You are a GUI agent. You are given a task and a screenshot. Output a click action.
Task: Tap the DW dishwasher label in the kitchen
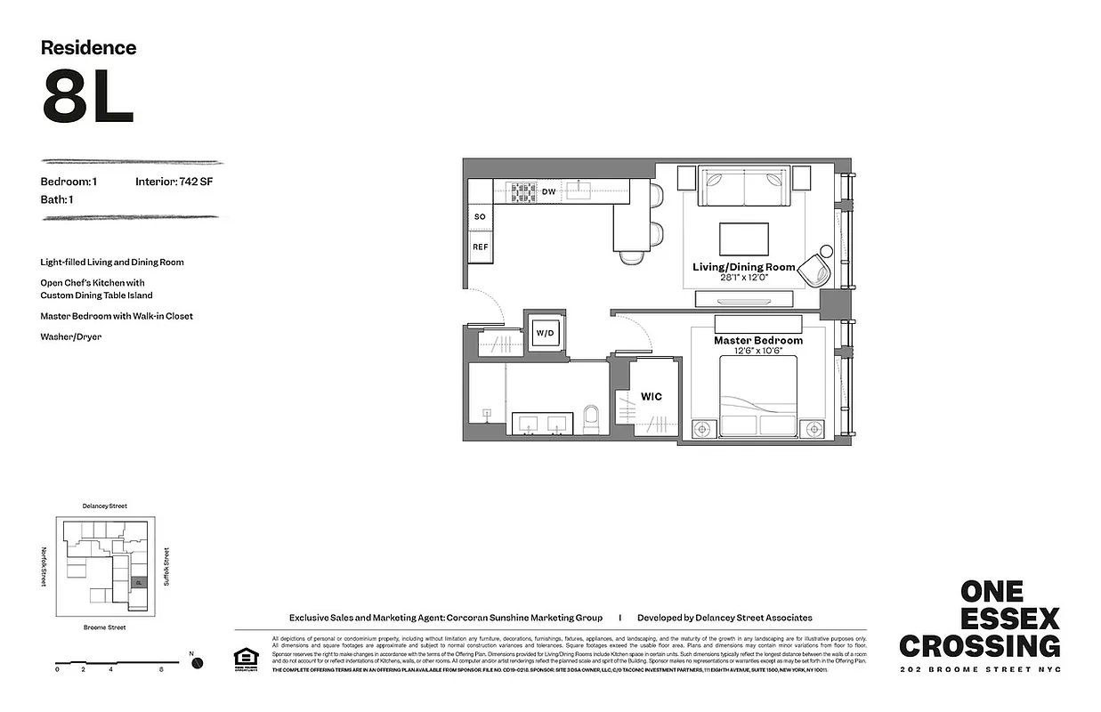coord(548,191)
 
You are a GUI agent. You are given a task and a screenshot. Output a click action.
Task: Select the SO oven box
coord(480,217)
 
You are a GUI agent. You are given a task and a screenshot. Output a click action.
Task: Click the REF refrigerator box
coord(480,247)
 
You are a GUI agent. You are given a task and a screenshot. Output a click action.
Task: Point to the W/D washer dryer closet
coord(544,334)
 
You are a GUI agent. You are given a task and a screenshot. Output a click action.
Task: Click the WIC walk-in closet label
coord(652,397)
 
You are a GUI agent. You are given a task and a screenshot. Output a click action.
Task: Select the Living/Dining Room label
coord(744,267)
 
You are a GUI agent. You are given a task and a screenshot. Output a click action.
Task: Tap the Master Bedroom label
coord(758,341)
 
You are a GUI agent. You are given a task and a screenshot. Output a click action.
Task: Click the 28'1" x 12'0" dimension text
coord(744,278)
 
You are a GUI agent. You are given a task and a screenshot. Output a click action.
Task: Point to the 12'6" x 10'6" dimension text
coord(758,352)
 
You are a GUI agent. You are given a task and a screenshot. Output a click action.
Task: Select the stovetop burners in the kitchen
coord(521,190)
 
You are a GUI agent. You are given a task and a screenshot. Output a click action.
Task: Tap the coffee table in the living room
coord(744,239)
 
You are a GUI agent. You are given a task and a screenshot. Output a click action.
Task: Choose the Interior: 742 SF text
coord(174,182)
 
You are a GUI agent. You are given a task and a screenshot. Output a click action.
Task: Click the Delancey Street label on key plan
coord(104,506)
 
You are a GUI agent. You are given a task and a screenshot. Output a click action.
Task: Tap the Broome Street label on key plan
coord(104,627)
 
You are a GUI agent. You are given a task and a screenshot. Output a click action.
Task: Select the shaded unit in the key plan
coord(138,582)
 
